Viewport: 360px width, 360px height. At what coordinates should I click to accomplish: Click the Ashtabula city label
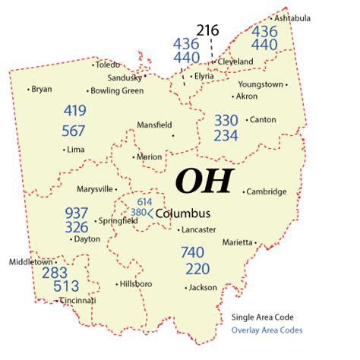292,17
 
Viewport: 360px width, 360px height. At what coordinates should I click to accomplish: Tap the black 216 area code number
207,30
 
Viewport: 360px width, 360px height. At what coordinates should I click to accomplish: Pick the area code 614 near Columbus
144,202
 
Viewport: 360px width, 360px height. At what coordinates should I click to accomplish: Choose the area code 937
76,213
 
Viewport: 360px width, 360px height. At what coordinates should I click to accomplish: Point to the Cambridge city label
267,191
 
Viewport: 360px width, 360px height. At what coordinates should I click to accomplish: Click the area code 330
226,120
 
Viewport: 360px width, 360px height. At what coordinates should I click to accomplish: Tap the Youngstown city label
262,84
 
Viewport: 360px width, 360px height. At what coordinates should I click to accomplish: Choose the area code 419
74,110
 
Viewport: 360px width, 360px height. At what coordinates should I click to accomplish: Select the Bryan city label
42,89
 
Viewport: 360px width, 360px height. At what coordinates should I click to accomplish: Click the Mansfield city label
154,125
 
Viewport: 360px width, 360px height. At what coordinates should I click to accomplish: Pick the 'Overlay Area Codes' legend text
267,330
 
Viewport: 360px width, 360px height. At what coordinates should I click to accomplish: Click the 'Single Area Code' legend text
262,317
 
